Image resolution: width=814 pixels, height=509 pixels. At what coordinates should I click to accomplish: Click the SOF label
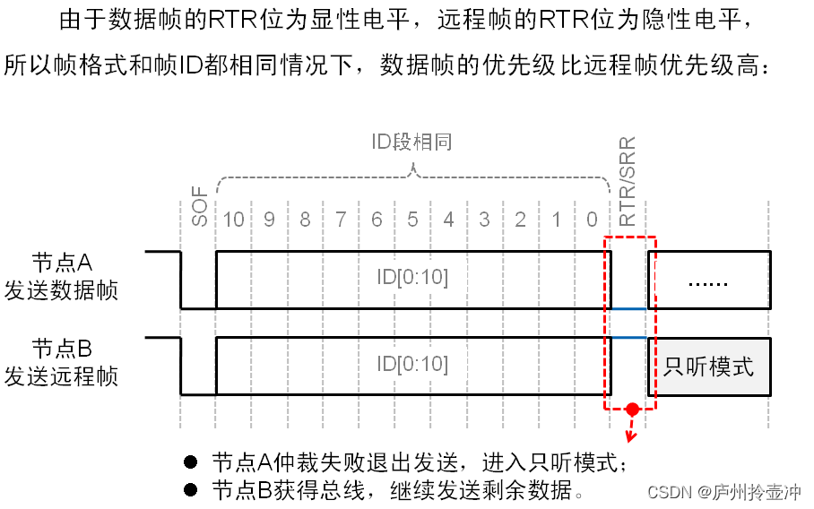199,207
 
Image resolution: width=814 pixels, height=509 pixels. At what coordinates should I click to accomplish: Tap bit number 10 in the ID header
234,220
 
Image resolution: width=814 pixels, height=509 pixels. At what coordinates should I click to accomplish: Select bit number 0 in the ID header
592,220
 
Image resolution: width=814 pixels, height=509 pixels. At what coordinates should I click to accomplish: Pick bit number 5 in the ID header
412,220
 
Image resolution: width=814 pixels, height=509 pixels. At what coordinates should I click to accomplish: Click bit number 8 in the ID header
306,220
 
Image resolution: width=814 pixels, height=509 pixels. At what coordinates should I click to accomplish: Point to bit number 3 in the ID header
484,220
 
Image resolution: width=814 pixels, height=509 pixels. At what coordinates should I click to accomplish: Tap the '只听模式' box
709,367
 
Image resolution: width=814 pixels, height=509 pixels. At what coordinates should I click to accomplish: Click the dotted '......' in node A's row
708,281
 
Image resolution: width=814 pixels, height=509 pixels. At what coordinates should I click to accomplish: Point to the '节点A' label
62,263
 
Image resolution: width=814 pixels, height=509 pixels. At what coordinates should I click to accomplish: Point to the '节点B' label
62,348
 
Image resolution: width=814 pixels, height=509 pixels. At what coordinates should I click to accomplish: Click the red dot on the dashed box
632,410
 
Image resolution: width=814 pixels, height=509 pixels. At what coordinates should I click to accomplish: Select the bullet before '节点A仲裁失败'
190,462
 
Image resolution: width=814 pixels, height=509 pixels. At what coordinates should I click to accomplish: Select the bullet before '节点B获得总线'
190,490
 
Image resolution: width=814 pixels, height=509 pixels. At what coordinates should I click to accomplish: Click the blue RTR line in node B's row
628,338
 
